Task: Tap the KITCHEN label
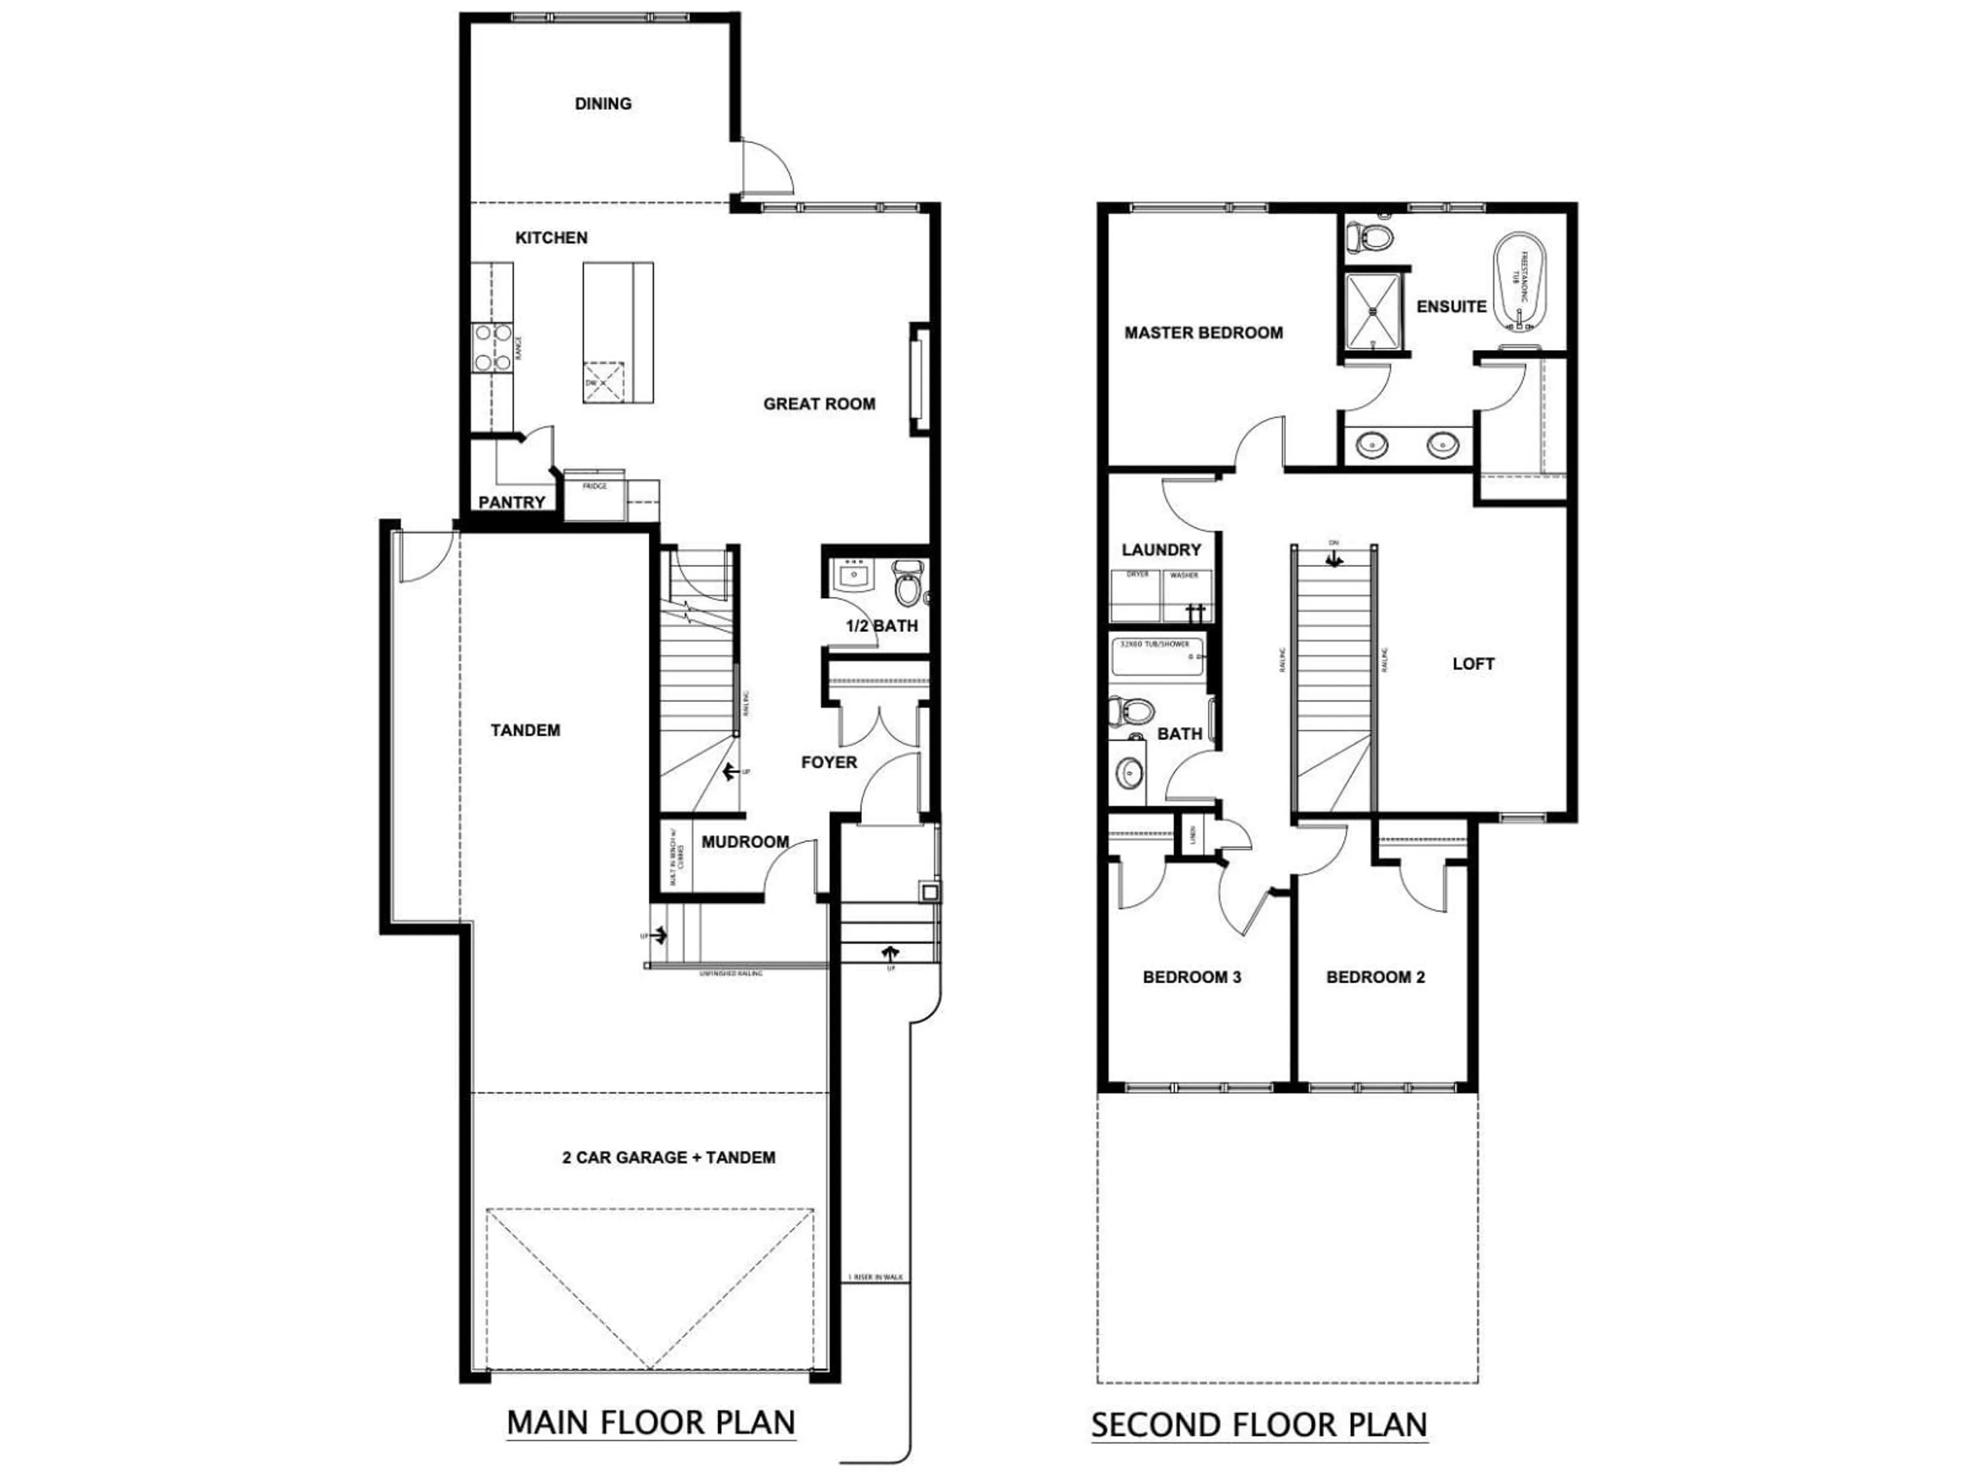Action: point(551,238)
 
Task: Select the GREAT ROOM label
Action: point(819,404)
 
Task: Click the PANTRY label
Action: point(511,503)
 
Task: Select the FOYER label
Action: point(828,762)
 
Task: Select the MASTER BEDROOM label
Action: point(1204,333)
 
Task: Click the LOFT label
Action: point(1473,664)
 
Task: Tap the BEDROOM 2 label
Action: point(1375,978)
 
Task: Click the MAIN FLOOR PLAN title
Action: point(651,1422)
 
